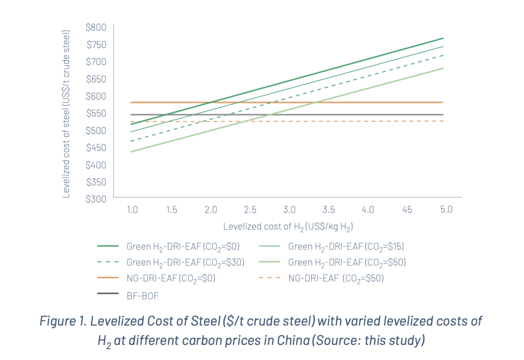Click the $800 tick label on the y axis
(x=97, y=27)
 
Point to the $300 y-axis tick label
(x=97, y=199)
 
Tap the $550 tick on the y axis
(x=97, y=113)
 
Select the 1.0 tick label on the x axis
(x=132, y=209)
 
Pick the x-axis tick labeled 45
(x=407, y=209)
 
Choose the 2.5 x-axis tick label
(x=250, y=209)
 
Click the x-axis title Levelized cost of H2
(x=289, y=226)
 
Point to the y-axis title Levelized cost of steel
(x=66, y=114)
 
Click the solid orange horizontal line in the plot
(x=358, y=102)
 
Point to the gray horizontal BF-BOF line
(x=358, y=115)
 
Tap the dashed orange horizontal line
(x=358, y=121)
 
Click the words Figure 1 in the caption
(x=62, y=323)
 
